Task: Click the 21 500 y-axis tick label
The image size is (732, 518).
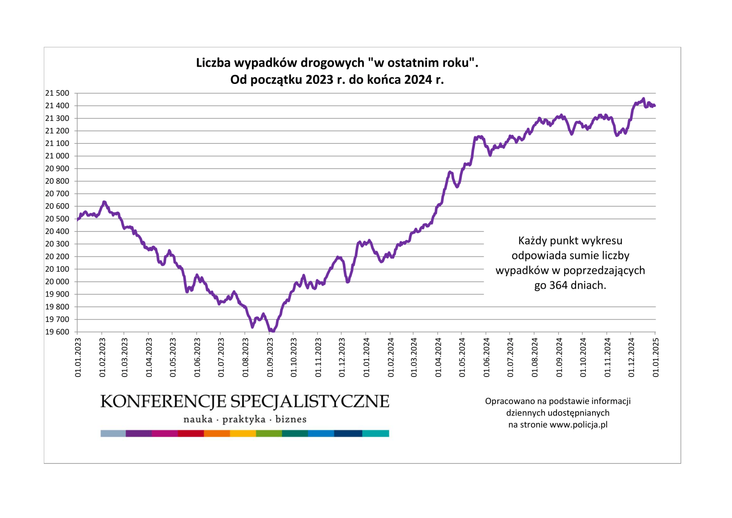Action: [57, 93]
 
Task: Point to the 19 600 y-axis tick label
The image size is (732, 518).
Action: [57, 332]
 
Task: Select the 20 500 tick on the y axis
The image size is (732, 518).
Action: [57, 219]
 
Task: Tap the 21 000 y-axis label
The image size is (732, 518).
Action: [57, 156]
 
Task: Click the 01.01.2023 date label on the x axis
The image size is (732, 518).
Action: [78, 357]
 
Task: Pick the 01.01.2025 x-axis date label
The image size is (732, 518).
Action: [655, 357]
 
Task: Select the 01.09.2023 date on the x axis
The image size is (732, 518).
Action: [270, 357]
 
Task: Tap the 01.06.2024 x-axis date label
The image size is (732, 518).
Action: [486, 357]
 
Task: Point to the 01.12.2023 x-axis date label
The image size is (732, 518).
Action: [342, 357]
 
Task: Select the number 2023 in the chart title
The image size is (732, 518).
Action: [319, 80]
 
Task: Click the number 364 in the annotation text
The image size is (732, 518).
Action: [558, 285]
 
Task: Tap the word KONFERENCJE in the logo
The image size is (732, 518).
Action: [164, 402]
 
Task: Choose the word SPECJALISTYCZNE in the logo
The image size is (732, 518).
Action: [310, 402]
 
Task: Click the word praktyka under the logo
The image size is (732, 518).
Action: [244, 419]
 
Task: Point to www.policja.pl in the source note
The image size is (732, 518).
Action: [579, 425]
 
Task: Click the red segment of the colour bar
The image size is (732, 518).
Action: [191, 433]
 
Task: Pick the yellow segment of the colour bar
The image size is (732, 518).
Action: [243, 433]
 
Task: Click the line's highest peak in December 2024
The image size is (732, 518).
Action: [644, 99]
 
